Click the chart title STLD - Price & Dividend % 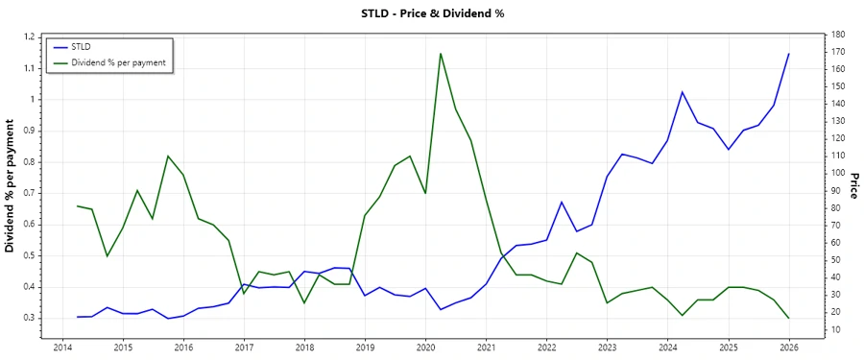[x=431, y=13]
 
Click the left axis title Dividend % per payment [x=11, y=186]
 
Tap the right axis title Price [x=852, y=186]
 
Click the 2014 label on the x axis [x=62, y=347]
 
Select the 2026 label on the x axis [x=789, y=347]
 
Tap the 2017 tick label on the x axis [x=244, y=347]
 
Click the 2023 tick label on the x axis [x=608, y=347]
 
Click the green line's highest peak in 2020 [x=441, y=54]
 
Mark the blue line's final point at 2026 [x=789, y=54]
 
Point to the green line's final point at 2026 [x=789, y=318]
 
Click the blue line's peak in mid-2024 [x=682, y=92]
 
